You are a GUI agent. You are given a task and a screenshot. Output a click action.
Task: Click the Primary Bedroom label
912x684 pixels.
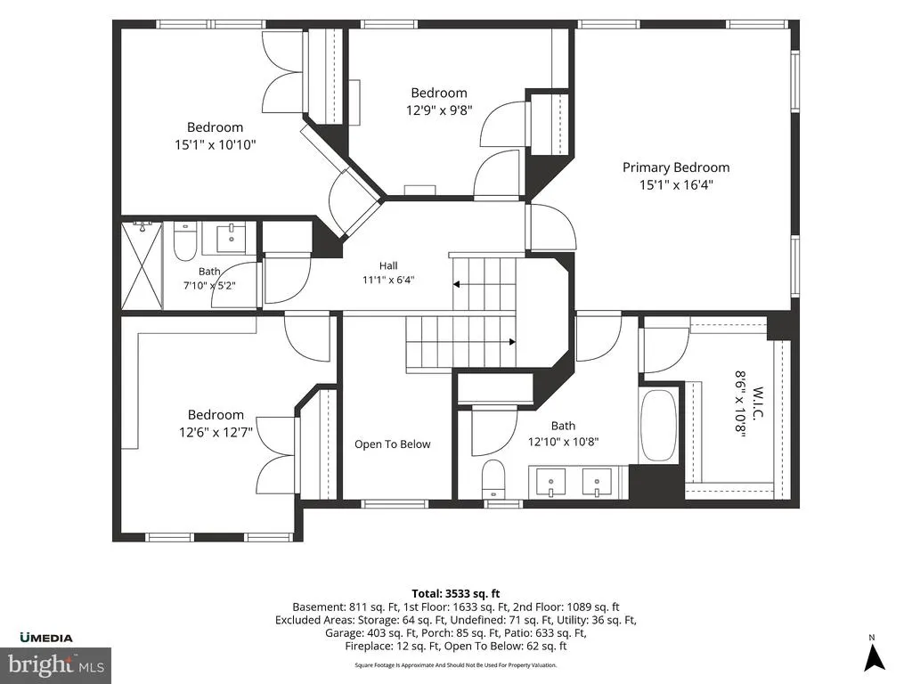point(676,167)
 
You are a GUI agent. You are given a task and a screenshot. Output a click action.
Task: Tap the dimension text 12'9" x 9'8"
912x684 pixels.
point(439,110)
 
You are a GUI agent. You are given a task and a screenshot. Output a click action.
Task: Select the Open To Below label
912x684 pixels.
point(393,444)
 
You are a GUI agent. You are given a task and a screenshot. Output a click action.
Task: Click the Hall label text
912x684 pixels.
point(388,265)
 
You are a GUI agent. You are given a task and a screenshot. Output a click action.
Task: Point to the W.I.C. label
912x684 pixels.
point(757,403)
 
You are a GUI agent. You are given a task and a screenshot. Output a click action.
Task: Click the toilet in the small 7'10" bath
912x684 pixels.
point(185,243)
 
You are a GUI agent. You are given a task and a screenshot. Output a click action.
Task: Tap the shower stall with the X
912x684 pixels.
point(142,265)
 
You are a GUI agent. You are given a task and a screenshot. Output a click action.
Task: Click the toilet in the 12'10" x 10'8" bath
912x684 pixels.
point(493,478)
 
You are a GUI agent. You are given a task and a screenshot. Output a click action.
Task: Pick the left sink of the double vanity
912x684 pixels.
point(550,482)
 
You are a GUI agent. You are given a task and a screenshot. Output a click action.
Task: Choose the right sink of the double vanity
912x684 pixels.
point(597,482)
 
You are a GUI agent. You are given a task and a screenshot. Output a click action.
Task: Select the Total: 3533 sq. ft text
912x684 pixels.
point(456,594)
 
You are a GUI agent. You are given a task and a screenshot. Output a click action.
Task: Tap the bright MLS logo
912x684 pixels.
point(56,664)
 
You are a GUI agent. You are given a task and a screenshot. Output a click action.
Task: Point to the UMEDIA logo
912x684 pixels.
point(46,638)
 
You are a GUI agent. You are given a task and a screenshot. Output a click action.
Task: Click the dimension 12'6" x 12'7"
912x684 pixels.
point(216,432)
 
